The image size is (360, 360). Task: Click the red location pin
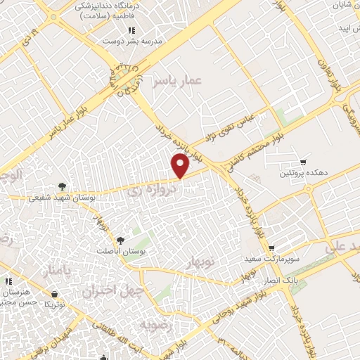tap(181, 165)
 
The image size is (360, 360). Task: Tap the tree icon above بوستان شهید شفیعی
tap(64, 186)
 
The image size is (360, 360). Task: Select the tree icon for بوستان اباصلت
tap(122, 241)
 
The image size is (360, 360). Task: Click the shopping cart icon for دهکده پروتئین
tap(303, 162)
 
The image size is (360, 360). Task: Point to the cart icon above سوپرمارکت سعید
tap(271, 248)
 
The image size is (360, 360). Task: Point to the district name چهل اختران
tap(113, 289)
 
